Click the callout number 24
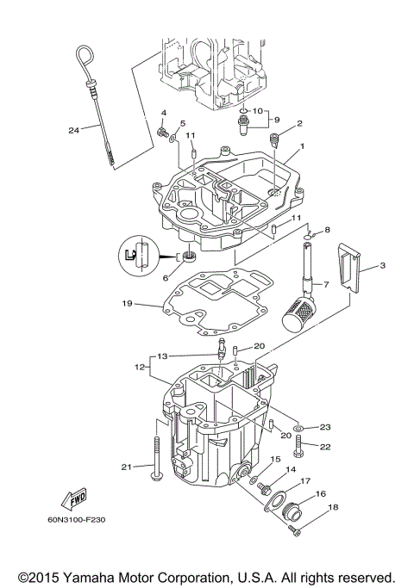pyautogui.click(x=73, y=131)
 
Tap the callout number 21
pyautogui.click(x=125, y=467)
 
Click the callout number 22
pyautogui.click(x=325, y=446)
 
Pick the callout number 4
pyautogui.click(x=162, y=115)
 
